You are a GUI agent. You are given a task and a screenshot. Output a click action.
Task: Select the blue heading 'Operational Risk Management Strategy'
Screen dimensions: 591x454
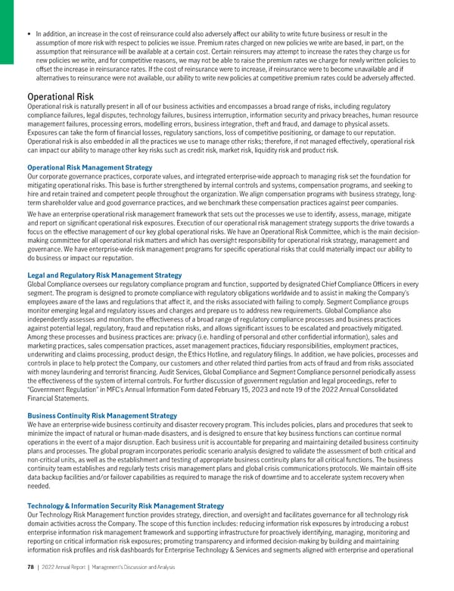tap(89, 166)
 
